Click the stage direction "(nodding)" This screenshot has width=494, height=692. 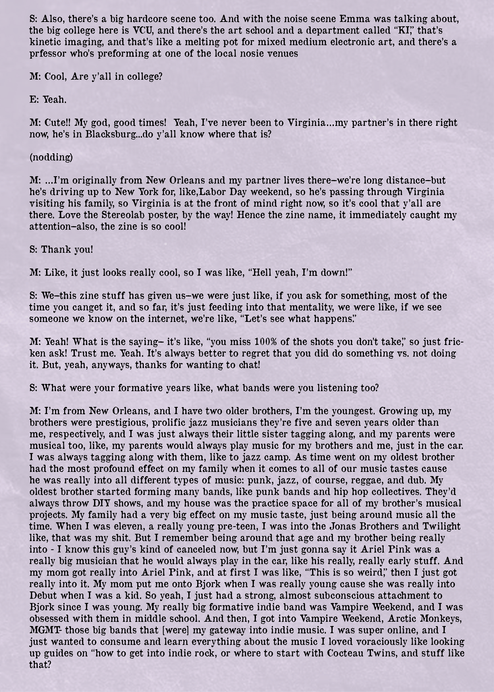51,157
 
